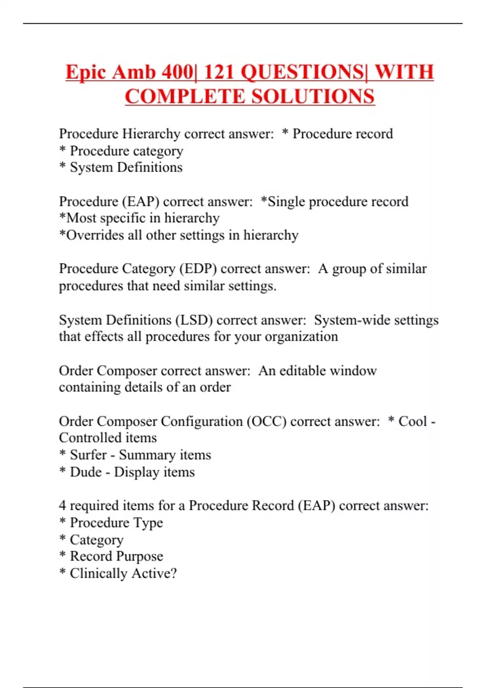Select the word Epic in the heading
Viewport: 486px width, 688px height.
click(85, 72)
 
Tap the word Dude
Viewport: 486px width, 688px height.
click(86, 472)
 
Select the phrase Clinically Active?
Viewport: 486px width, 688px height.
click(123, 573)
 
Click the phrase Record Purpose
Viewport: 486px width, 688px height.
click(117, 556)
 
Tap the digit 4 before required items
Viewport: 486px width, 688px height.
click(62, 505)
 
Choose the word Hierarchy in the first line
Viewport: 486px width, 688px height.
click(151, 134)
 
